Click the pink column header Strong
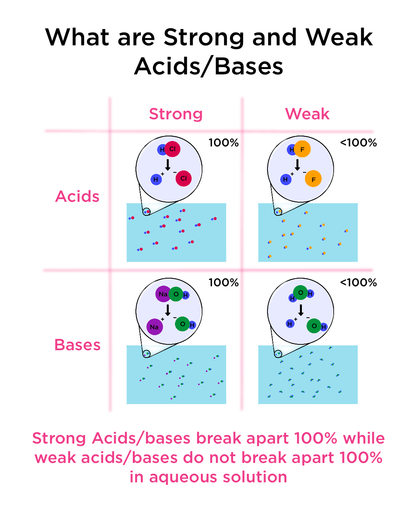tap(176, 114)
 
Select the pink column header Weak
tap(307, 114)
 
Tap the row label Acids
tap(77, 196)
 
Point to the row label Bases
tap(77, 345)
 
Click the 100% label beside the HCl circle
tap(223, 143)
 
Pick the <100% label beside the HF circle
tap(358, 143)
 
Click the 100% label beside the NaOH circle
tap(223, 282)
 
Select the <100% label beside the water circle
tap(358, 282)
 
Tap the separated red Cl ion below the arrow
tap(183, 178)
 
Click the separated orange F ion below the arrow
tap(313, 179)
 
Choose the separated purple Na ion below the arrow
tap(154, 327)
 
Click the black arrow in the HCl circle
tap(168, 165)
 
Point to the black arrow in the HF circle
tap(297, 165)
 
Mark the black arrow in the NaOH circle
tap(168, 310)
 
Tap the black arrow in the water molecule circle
tap(301, 310)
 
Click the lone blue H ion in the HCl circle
tap(156, 179)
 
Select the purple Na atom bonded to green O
tap(163, 294)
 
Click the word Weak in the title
tap(339, 38)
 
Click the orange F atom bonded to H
tap(302, 149)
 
